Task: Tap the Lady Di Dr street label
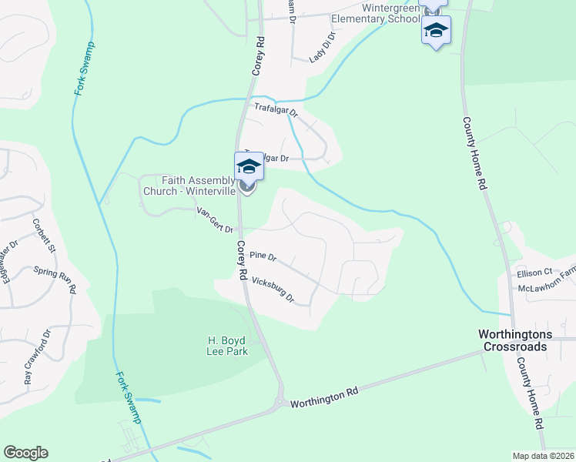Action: [322, 47]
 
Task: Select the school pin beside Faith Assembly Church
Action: [249, 166]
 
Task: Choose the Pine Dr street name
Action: [263, 256]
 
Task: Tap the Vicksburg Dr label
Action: [273, 290]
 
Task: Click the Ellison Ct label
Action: [535, 273]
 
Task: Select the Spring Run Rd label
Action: [55, 280]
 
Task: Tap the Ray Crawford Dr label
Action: [37, 357]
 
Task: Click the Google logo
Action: [25, 453]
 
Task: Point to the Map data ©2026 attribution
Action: [542, 456]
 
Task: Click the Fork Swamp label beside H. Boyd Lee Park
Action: [129, 397]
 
